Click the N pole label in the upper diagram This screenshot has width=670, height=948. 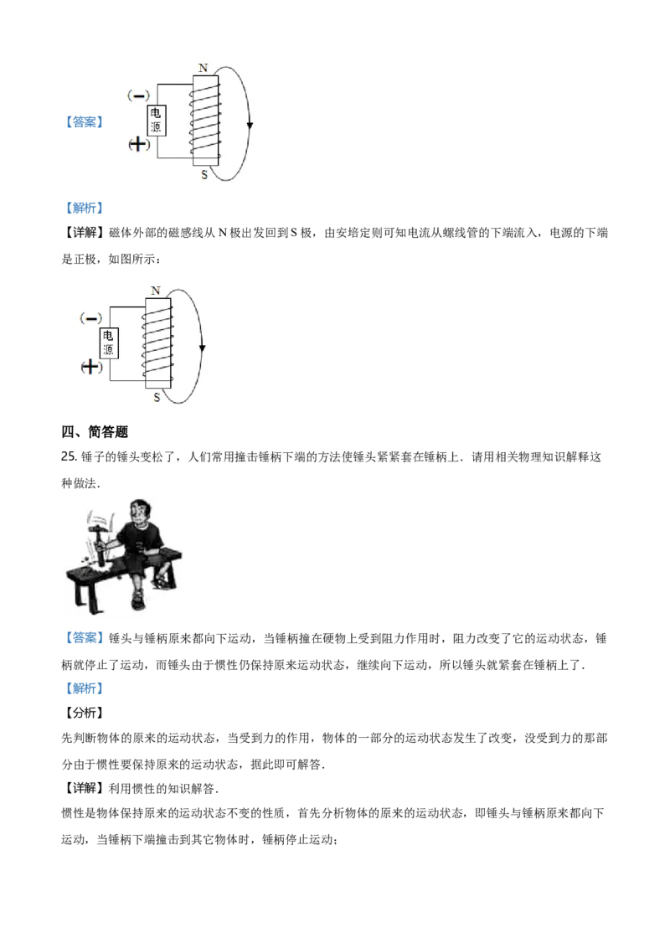pyautogui.click(x=202, y=67)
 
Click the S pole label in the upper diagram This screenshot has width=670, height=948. pyautogui.click(x=204, y=175)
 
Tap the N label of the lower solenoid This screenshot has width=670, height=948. pyautogui.click(x=155, y=290)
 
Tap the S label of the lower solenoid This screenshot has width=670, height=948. pyautogui.click(x=157, y=397)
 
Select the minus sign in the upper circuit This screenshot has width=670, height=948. pyautogui.click(x=140, y=95)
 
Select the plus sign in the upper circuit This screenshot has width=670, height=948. pyautogui.click(x=139, y=145)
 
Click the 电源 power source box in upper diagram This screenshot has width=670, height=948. pyautogui.click(x=157, y=121)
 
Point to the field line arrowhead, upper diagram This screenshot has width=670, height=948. pyautogui.click(x=249, y=126)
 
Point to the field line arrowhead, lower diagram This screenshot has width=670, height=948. pyautogui.click(x=202, y=348)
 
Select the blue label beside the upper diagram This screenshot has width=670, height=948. pyautogui.click(x=86, y=124)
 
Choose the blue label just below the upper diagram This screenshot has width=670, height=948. pyautogui.click(x=86, y=208)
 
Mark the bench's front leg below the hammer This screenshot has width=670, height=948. pyautogui.click(x=80, y=595)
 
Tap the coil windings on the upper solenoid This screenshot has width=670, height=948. pyautogui.click(x=206, y=122)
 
